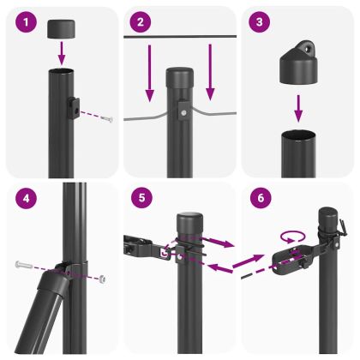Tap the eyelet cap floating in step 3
coord(295,63)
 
